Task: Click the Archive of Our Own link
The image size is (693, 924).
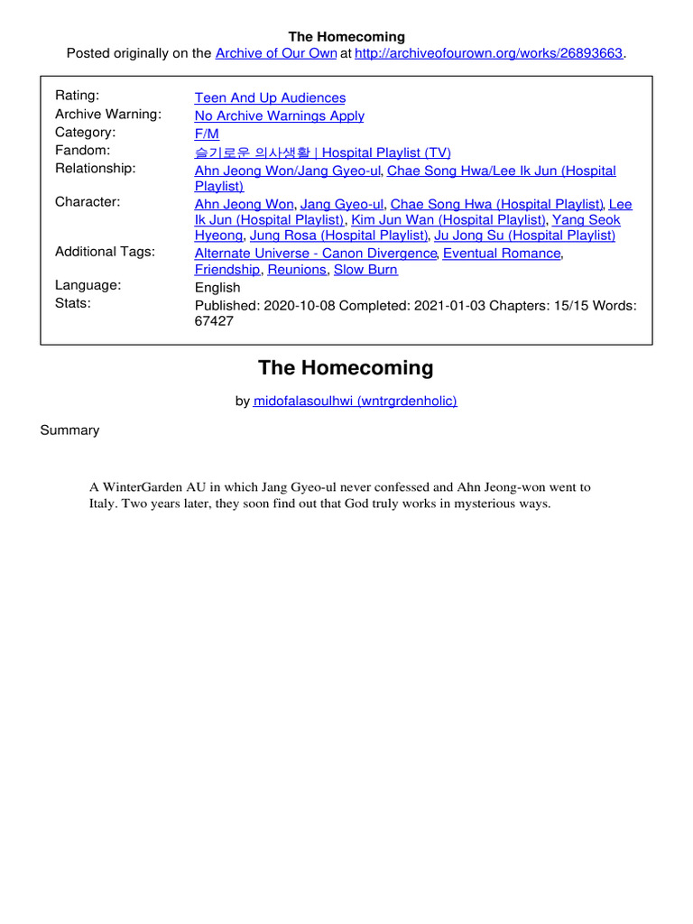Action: (x=275, y=53)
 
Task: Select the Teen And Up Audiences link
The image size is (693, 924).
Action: (x=270, y=97)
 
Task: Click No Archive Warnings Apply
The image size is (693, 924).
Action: (x=279, y=115)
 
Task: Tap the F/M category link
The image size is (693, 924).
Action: (x=207, y=134)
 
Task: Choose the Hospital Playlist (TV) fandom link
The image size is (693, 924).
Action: (x=322, y=152)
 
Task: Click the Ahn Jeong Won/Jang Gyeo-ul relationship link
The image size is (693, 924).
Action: (x=289, y=171)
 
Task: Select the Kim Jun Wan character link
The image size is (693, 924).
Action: (x=448, y=219)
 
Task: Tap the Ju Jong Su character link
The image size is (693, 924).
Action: (x=524, y=236)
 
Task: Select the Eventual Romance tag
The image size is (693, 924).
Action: (x=502, y=254)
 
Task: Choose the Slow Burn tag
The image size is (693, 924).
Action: (x=365, y=270)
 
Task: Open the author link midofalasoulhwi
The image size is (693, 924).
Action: (x=355, y=401)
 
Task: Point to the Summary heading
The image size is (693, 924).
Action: (x=69, y=430)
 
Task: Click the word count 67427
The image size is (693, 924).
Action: (x=214, y=321)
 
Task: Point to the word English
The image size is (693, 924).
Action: (x=217, y=288)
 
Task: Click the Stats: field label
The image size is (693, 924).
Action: (x=74, y=303)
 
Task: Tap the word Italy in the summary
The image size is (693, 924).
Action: (x=103, y=504)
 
